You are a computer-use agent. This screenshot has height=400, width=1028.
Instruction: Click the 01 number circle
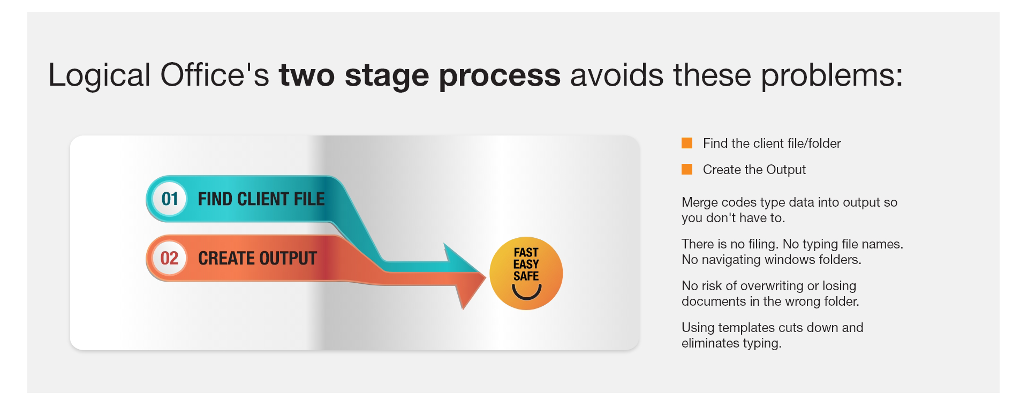[169, 199]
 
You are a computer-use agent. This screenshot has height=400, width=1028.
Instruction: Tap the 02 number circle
[169, 258]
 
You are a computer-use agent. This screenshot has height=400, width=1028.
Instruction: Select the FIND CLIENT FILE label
[261, 199]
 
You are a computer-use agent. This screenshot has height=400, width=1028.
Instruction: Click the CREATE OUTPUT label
[258, 259]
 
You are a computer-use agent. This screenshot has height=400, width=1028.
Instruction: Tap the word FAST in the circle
[526, 252]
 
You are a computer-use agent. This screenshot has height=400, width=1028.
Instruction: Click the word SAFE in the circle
[526, 276]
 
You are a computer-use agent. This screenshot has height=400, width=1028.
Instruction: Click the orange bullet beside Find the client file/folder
[687, 143]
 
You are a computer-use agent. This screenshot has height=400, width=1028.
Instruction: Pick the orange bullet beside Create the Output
[687, 169]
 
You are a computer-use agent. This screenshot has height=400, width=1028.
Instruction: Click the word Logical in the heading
[99, 76]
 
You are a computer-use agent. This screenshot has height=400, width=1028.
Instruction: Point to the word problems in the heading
[832, 76]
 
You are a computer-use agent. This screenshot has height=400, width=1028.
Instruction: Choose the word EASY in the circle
[526, 265]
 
